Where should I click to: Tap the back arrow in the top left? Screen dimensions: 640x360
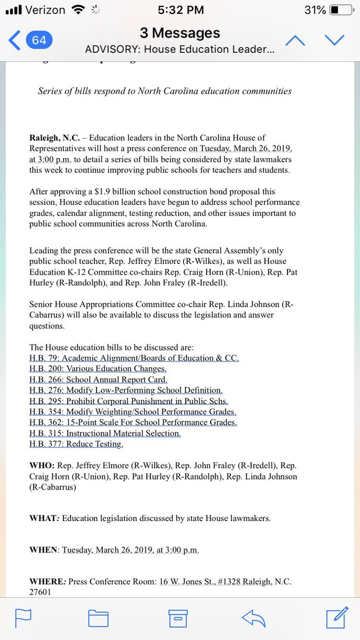click(x=14, y=41)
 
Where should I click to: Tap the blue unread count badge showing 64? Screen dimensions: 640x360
click(x=39, y=41)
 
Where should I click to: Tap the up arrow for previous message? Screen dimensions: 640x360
click(x=295, y=41)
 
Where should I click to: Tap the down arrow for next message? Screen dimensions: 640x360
click(x=335, y=41)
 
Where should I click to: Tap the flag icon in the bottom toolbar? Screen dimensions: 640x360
click(x=23, y=618)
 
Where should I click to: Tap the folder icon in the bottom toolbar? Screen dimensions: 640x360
click(x=99, y=618)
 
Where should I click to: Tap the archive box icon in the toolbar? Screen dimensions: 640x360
click(x=178, y=618)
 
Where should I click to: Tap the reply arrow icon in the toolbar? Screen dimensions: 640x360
click(x=253, y=618)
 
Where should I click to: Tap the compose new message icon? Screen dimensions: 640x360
click(x=337, y=617)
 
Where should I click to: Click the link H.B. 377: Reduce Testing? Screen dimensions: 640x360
click(x=76, y=444)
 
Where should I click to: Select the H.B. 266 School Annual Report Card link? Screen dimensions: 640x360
click(x=98, y=380)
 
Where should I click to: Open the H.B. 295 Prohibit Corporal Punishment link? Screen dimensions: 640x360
click(x=129, y=401)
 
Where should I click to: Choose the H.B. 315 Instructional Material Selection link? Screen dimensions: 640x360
click(x=105, y=434)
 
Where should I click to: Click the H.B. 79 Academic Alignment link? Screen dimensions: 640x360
click(x=134, y=358)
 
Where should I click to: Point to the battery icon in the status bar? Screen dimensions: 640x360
click(x=341, y=10)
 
